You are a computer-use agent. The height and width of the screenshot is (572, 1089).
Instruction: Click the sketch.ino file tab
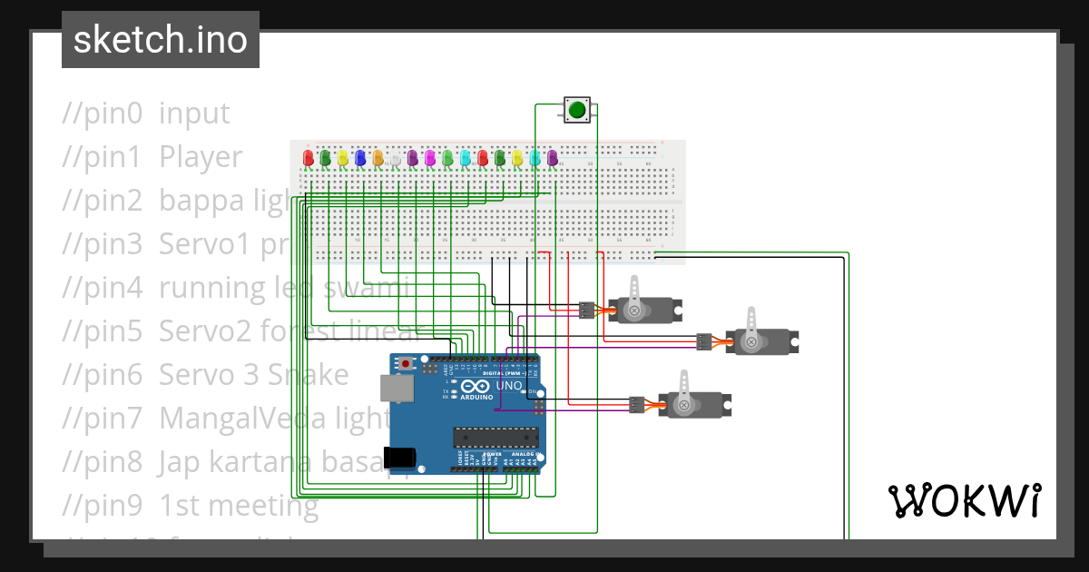(160, 40)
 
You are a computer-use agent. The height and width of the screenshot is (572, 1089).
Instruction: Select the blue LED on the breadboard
(360, 158)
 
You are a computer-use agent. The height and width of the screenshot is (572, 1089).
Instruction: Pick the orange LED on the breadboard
(378, 158)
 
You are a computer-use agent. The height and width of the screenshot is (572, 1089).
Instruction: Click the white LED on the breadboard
(395, 159)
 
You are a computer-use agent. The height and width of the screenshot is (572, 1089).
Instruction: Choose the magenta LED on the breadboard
(430, 158)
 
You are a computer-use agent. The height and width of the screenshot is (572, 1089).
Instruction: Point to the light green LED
(447, 158)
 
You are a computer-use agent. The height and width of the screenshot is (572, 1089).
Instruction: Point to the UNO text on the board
(509, 385)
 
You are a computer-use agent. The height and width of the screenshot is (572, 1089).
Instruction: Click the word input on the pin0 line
(194, 113)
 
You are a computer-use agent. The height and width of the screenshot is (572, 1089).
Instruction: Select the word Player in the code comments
(201, 157)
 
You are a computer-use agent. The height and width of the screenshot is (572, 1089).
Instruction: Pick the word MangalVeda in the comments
(235, 419)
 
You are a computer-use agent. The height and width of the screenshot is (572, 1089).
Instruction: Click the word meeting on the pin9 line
(264, 505)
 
